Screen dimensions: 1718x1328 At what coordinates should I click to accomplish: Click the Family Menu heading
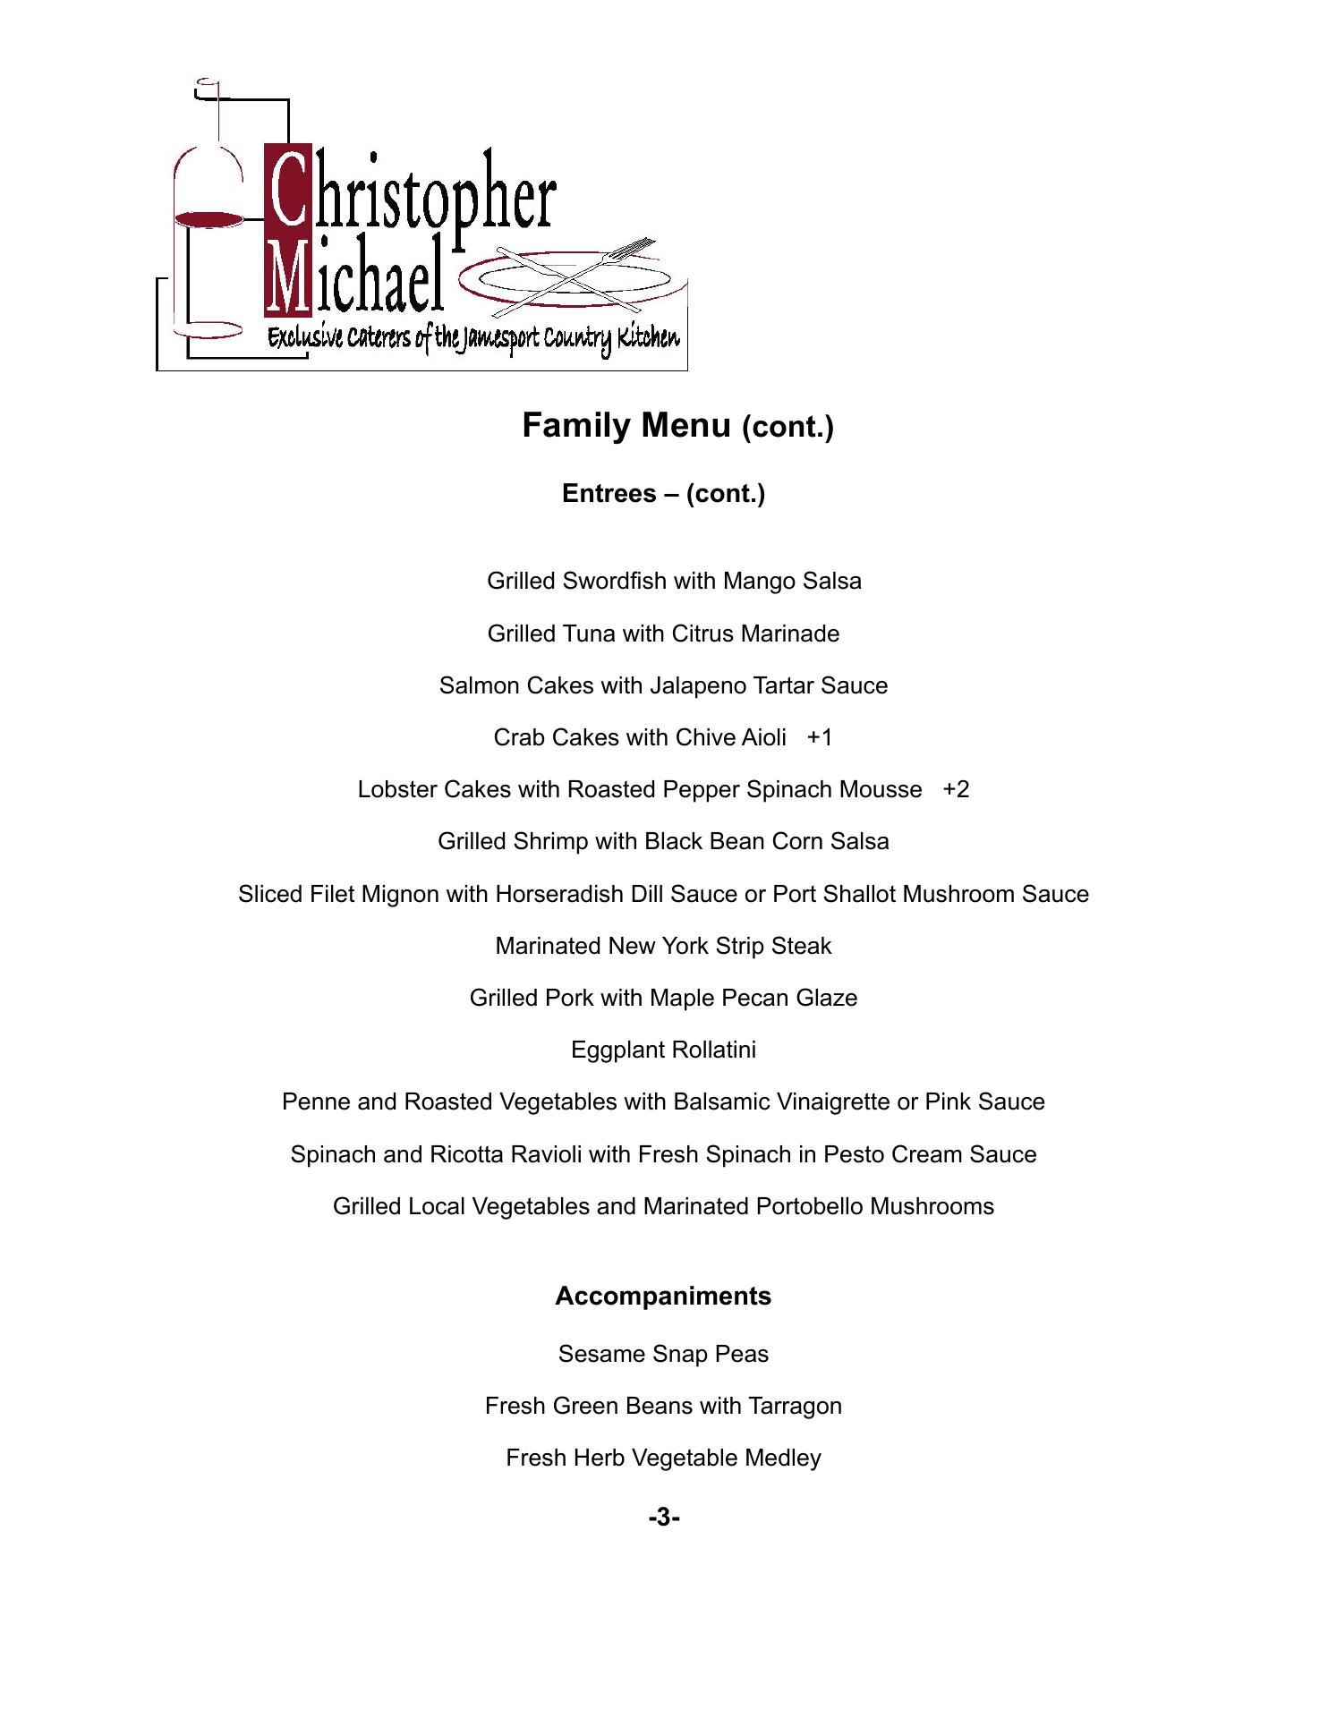click(x=677, y=426)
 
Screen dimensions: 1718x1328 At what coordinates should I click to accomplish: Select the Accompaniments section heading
click(x=662, y=1296)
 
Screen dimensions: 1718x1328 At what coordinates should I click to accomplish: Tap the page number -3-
click(x=664, y=1518)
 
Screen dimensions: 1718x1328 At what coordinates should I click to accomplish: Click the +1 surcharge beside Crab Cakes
click(x=820, y=737)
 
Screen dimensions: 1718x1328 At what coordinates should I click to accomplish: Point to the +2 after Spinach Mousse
click(x=956, y=789)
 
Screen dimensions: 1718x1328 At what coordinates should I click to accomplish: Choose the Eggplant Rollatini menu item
click(x=663, y=1050)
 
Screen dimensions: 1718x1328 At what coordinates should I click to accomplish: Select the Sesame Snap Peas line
click(x=663, y=1354)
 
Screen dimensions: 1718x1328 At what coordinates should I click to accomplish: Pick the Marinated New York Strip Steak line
click(x=663, y=946)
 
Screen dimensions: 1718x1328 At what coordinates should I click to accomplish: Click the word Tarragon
click(x=796, y=1407)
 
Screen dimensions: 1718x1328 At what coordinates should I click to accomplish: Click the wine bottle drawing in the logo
click(x=208, y=215)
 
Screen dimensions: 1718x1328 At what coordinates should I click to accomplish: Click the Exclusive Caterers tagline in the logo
click(x=473, y=338)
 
